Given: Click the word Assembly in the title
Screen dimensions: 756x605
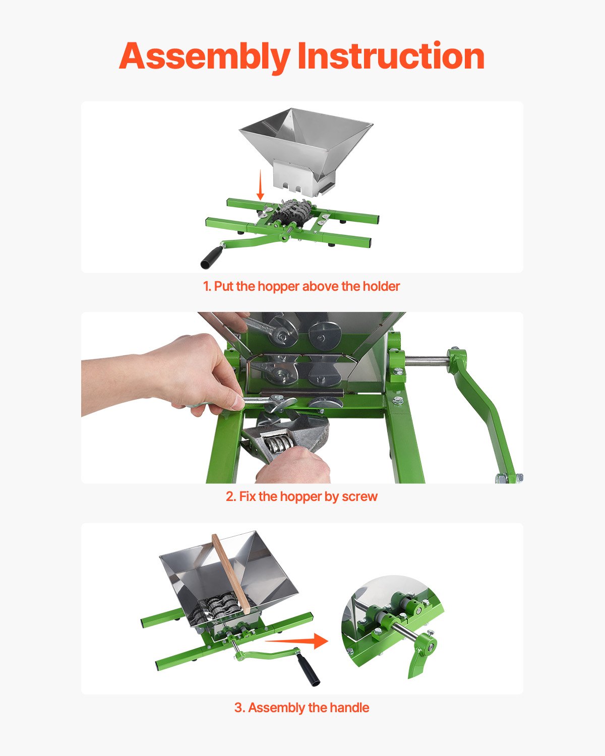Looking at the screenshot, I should [x=204, y=56].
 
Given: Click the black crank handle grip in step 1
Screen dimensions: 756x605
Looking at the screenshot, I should [x=211, y=256].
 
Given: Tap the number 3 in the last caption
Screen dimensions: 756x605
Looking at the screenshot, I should [x=238, y=708].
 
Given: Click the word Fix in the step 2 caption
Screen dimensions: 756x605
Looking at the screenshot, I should [x=247, y=496].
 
